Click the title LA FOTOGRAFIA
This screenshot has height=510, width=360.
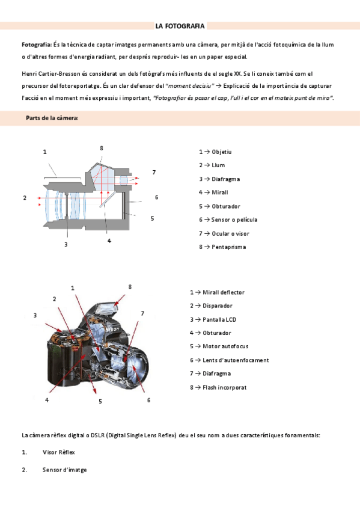coord(180,26)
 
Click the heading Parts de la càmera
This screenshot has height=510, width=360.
coord(52,118)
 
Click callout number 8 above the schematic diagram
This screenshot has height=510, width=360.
coord(102,149)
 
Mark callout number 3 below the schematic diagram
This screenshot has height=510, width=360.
coord(66,244)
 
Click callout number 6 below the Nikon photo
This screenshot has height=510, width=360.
coord(149,400)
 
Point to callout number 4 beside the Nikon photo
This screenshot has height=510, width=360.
coord(47,400)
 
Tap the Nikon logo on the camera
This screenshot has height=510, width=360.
coord(112,329)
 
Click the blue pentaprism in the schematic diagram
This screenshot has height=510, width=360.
coord(102,177)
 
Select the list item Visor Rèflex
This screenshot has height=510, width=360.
coord(58,452)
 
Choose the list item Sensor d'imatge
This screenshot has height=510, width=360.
coord(65,470)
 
